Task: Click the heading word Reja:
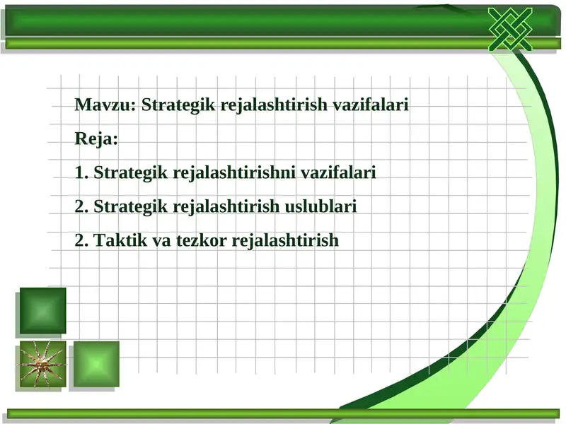click(x=97, y=139)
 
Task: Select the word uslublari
click(x=320, y=206)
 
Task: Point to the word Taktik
click(x=118, y=240)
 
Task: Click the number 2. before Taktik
click(x=81, y=240)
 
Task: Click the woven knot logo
click(x=509, y=28)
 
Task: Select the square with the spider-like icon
click(x=42, y=364)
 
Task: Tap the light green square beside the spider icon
click(x=96, y=364)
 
